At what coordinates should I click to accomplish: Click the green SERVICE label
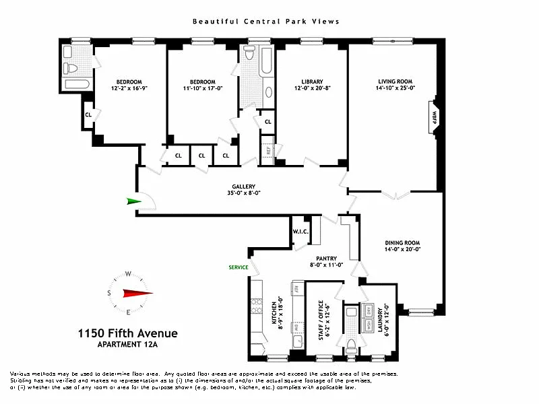point(238,267)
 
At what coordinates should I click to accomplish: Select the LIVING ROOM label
point(394,81)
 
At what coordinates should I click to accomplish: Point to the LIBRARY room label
point(312,81)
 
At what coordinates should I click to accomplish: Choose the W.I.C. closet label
point(300,232)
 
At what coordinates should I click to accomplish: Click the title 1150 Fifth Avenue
point(127,333)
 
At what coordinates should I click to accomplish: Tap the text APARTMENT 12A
point(127,345)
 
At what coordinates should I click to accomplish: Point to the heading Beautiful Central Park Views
point(266,22)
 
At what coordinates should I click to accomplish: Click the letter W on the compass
point(127,274)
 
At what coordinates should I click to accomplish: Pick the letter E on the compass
point(127,312)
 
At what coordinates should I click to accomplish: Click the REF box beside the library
point(267,147)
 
